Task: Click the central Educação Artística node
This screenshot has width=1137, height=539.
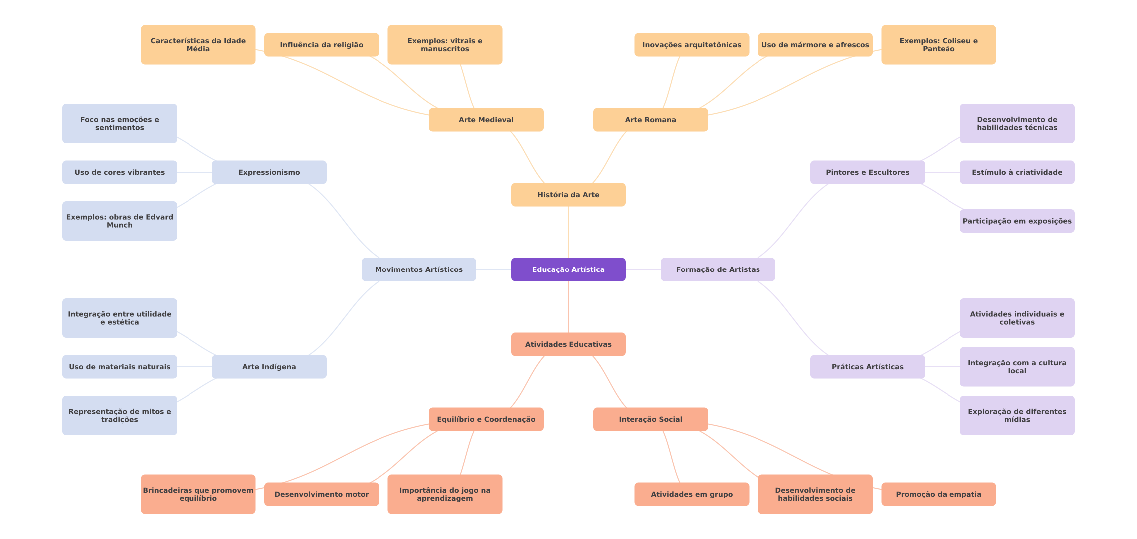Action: (568, 269)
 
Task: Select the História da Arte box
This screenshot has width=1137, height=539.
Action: (568, 195)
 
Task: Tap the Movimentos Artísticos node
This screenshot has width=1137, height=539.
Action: (418, 269)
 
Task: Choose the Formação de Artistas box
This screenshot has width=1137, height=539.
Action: (718, 269)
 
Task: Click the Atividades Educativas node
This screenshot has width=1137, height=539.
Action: (568, 344)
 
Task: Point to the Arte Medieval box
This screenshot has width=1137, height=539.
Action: (486, 120)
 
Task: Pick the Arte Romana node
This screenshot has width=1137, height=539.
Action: (650, 120)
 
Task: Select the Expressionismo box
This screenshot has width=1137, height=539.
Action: (269, 172)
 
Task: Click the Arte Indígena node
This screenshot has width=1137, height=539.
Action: (269, 367)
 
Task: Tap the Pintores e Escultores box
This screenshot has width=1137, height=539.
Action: (867, 172)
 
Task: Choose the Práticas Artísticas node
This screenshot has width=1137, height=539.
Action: (867, 367)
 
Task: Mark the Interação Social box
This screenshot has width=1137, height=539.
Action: (650, 419)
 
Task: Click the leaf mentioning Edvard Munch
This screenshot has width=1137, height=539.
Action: (119, 221)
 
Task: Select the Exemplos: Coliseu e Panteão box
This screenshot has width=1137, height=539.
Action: (938, 45)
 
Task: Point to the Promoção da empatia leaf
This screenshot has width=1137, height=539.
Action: (938, 494)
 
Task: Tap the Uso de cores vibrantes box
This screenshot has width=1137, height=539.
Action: (119, 172)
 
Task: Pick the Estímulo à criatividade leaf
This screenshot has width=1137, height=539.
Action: (1017, 172)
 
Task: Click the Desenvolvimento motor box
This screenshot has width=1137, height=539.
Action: (321, 494)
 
